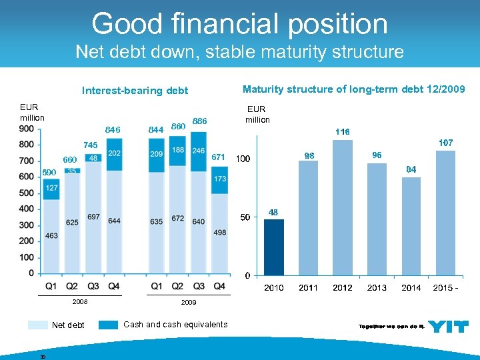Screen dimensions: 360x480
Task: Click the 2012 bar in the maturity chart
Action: point(342,207)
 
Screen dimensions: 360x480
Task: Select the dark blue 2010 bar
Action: point(274,247)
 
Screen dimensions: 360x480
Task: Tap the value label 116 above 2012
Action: point(343,132)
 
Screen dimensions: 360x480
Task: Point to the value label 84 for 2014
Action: point(411,169)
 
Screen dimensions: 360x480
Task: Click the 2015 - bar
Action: point(445,213)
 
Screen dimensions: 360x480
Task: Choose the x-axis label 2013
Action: point(377,287)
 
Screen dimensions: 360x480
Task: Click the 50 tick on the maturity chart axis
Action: point(245,217)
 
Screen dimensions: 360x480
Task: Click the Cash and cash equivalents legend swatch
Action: point(108,325)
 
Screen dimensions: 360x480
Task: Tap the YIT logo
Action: point(447,326)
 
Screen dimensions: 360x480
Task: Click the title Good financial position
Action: point(239,24)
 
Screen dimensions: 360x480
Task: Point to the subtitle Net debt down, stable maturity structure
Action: point(239,51)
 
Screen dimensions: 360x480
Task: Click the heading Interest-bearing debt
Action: point(135,91)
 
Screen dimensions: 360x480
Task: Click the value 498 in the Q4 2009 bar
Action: point(220,233)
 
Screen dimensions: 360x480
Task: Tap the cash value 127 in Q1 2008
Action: point(51,189)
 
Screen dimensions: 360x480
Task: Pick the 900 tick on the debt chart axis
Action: point(27,129)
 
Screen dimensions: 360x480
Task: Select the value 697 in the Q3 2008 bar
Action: point(93,217)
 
